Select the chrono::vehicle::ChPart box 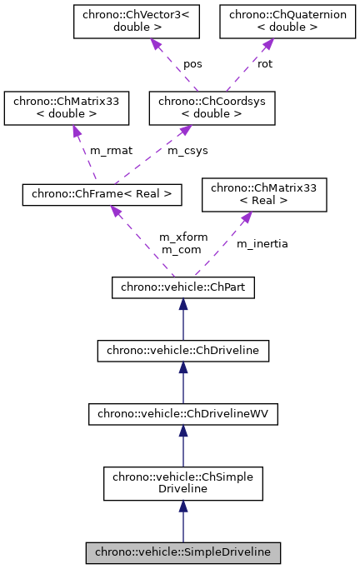[182, 287]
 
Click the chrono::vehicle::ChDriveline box [182, 351]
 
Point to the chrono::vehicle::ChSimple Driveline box [182, 482]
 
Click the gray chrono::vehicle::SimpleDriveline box [182, 552]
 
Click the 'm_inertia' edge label [262, 243]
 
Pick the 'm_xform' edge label [183, 237]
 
